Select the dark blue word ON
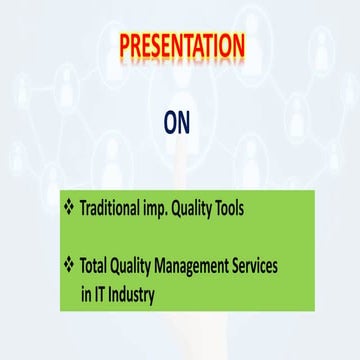point(178,121)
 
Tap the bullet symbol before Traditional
point(70,208)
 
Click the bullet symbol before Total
point(70,264)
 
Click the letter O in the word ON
point(170,121)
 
